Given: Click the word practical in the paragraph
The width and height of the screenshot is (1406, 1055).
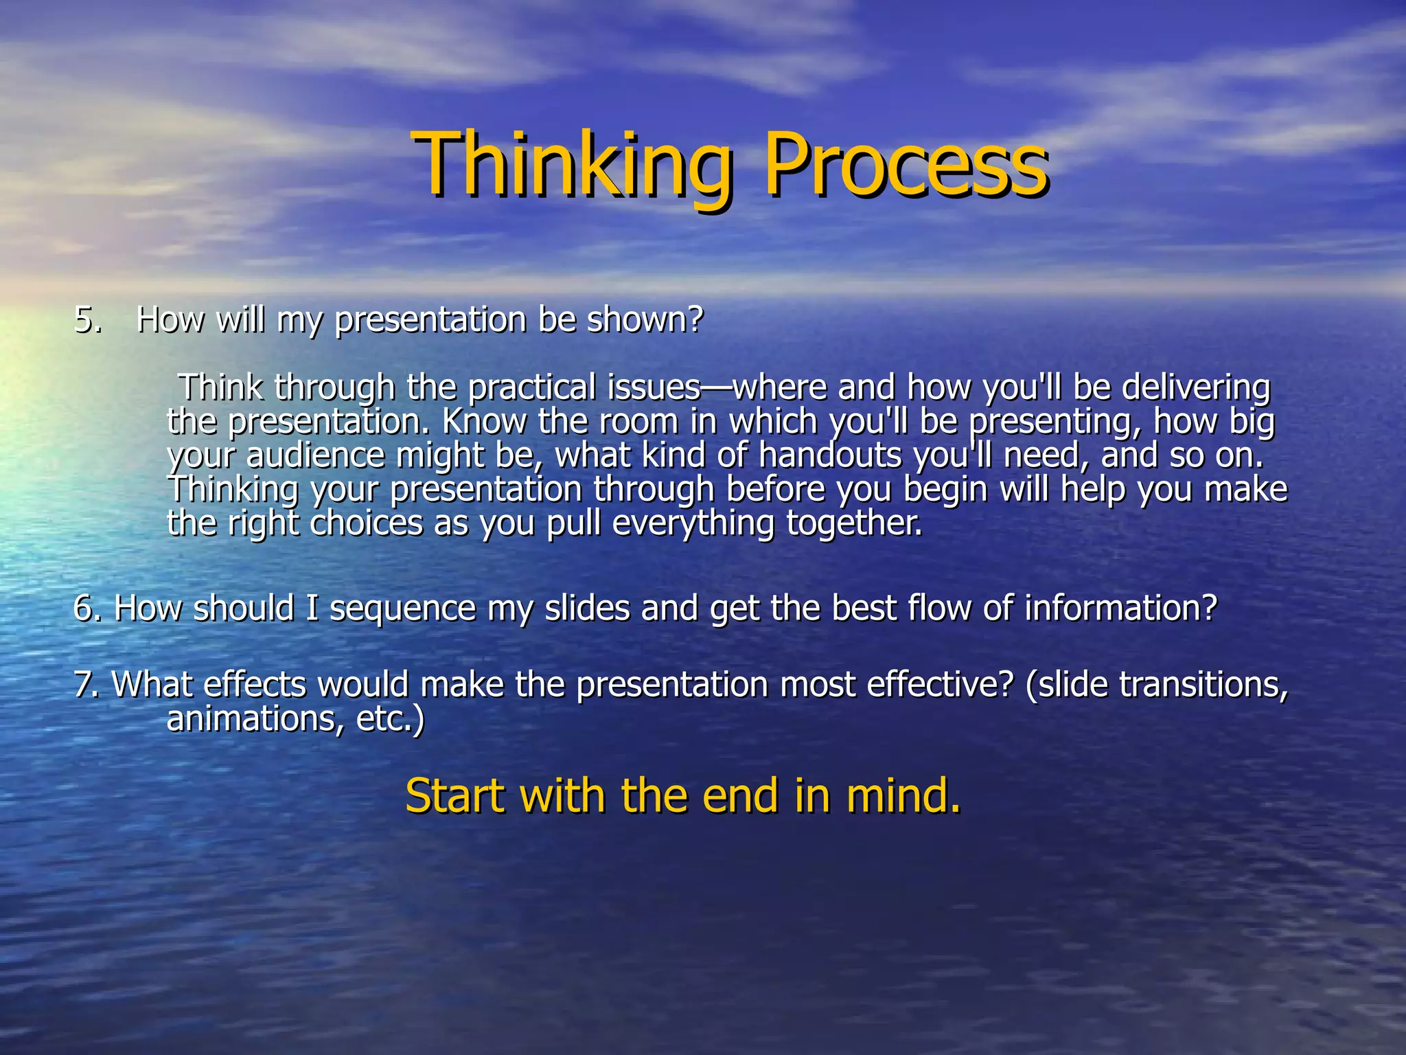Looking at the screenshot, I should tap(531, 387).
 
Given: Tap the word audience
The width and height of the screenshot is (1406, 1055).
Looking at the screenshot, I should tap(315, 455).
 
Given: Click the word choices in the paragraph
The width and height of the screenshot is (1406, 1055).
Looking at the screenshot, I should tap(366, 523).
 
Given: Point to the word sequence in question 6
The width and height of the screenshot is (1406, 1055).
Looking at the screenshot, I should tap(402, 609).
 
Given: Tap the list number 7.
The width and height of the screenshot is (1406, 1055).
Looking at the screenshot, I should tap(86, 685).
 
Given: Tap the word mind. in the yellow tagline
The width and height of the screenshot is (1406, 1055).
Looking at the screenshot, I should tap(903, 795).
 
